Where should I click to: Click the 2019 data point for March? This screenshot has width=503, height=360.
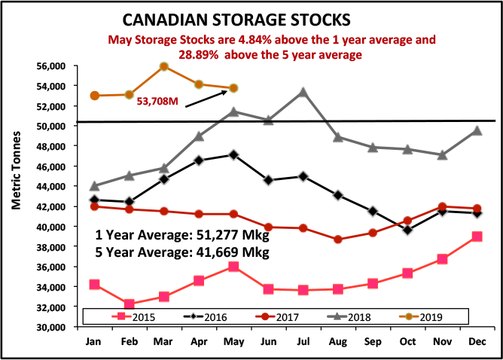tap(164, 66)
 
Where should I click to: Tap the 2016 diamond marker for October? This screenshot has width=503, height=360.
tap(407, 230)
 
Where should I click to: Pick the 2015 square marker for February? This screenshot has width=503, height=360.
tap(130, 304)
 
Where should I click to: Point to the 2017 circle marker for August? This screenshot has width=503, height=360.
tap(338, 239)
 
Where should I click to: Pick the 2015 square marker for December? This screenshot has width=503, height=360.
tap(477, 236)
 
